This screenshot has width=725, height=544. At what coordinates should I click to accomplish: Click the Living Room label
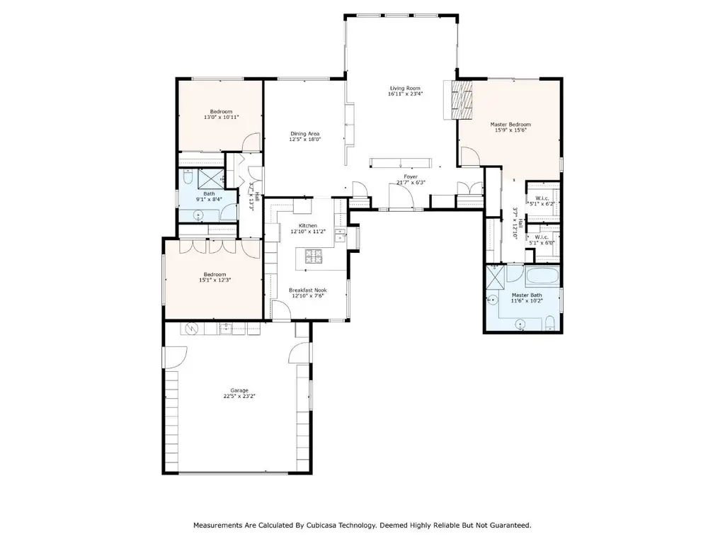coord(405,88)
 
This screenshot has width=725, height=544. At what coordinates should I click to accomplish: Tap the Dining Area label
coord(304,134)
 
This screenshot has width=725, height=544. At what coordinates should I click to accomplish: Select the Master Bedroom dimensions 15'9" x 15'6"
coord(510,130)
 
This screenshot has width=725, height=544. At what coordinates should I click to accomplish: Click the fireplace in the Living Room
coord(462,100)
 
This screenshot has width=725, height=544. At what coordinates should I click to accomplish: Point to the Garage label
coord(239,390)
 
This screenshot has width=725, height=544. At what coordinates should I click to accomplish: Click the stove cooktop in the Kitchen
coord(314,256)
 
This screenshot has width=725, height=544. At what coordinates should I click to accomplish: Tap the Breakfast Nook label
coord(308,290)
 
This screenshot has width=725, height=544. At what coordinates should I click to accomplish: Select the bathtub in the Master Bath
coord(543,276)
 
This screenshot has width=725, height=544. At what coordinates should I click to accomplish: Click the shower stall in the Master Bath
coord(495,277)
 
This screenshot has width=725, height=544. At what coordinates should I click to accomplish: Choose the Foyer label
coord(411,176)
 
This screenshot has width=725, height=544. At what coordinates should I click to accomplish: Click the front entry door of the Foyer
coord(401,199)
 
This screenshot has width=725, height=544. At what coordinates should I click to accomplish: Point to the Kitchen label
coord(308,226)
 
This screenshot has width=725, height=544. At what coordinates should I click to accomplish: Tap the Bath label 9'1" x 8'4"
coord(209,194)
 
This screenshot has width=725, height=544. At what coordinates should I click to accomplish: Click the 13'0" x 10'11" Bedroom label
coord(221,111)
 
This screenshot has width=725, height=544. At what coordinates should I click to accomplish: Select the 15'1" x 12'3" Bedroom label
coord(215,274)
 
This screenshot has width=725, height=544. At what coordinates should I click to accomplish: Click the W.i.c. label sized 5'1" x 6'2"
coord(542,198)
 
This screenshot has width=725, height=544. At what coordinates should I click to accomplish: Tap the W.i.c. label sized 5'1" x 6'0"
coord(542,237)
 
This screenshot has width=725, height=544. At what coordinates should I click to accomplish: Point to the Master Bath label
coord(527,295)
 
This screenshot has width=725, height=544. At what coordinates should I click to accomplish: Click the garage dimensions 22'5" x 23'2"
coord(239,396)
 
